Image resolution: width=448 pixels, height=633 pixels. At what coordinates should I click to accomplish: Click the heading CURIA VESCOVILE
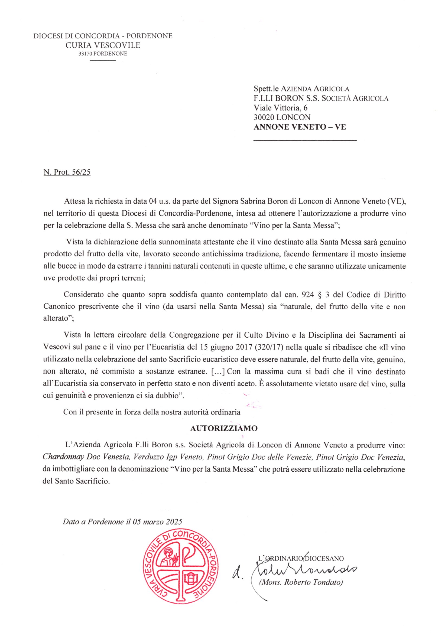click(103, 45)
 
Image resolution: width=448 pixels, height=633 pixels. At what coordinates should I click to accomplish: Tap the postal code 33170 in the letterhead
click(86, 54)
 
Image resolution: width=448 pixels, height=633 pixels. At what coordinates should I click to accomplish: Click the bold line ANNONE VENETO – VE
click(300, 127)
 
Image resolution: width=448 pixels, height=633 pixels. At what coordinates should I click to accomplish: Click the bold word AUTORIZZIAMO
click(224, 428)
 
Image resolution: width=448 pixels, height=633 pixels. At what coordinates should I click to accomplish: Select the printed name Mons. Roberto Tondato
click(300, 582)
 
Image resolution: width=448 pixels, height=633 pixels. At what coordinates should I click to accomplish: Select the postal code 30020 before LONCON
click(264, 118)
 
